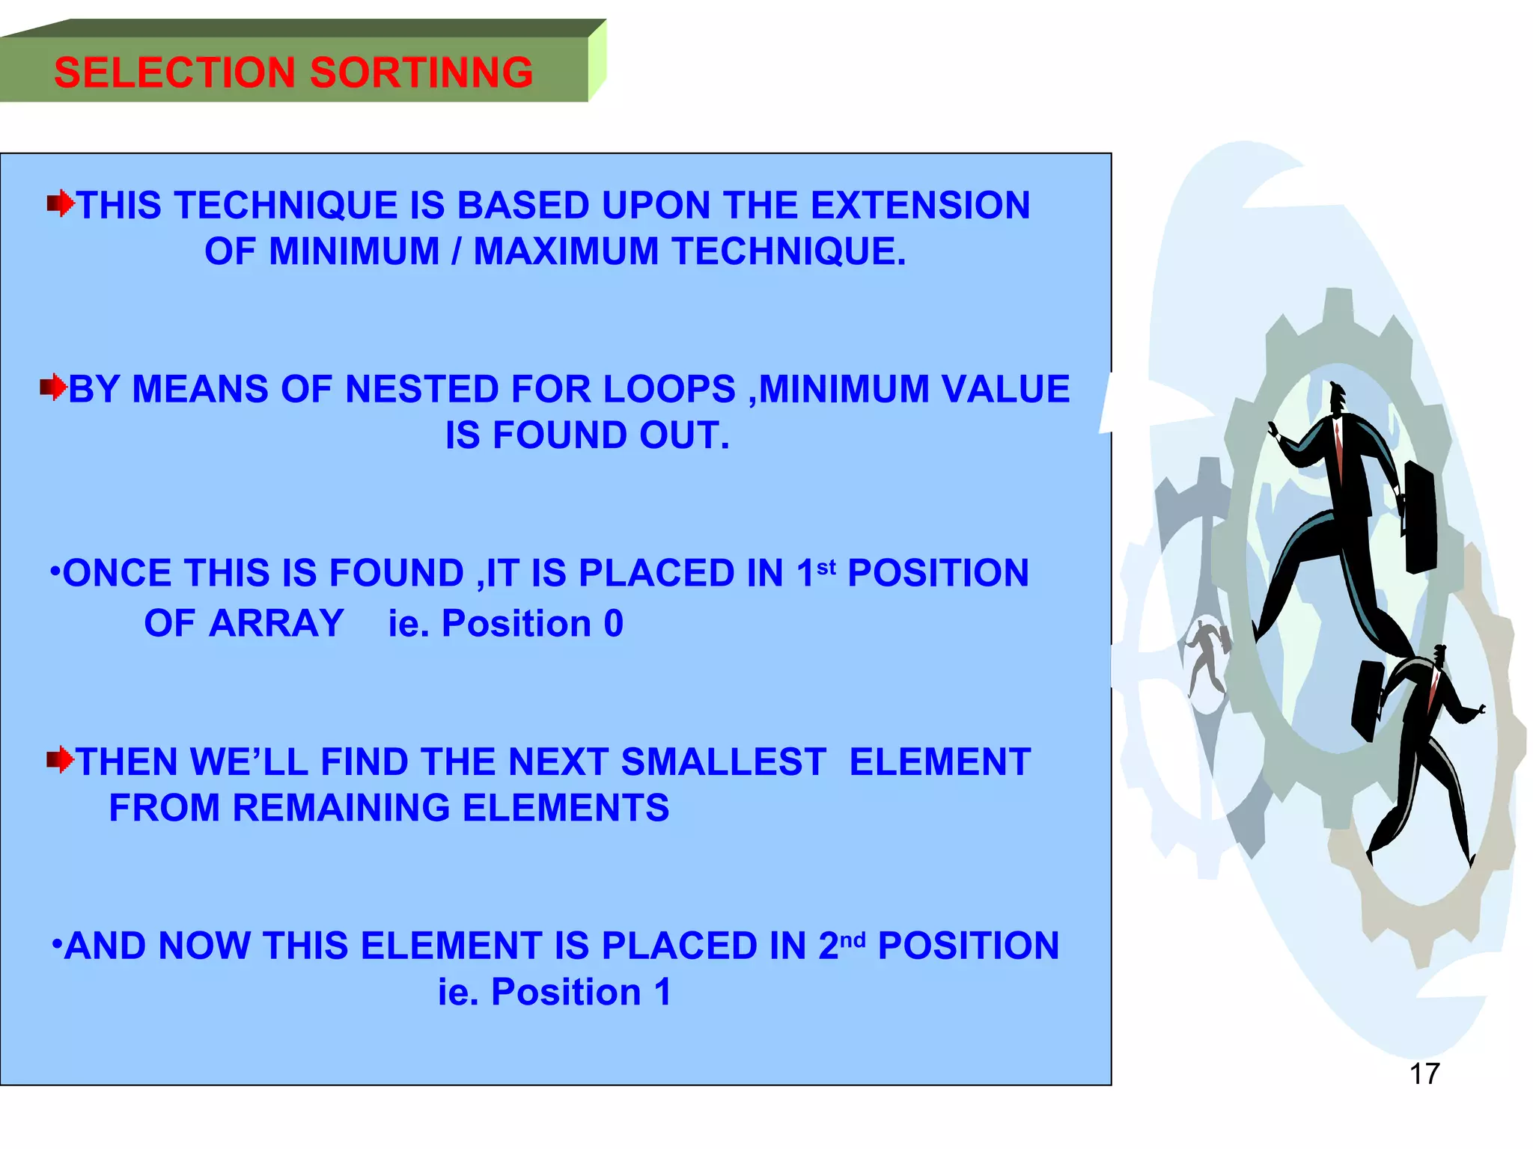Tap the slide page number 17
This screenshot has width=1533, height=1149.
pos(1424,1073)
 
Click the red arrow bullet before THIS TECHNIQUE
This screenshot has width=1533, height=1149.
pos(61,203)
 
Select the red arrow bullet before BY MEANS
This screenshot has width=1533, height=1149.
pos(53,387)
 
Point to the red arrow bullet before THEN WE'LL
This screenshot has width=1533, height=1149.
pos(60,760)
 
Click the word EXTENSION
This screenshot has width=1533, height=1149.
pos(920,206)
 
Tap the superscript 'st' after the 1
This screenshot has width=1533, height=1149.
pos(826,567)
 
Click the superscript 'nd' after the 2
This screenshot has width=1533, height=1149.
pos(853,940)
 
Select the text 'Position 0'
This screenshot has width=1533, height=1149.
pos(532,623)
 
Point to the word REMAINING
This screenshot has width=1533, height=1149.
pos(341,808)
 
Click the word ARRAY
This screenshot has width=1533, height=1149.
pos(276,623)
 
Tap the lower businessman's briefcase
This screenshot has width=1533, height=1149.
pos(1368,700)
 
